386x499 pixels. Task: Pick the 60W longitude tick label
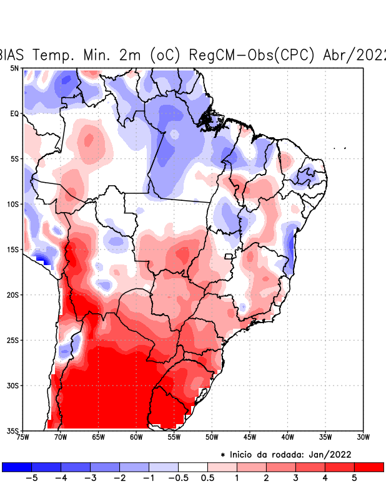coord(136,437)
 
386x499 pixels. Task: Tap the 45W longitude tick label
coord(249,437)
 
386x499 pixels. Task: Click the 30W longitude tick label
coord(363,437)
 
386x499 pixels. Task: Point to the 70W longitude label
coord(60,437)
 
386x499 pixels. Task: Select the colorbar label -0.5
coord(178,478)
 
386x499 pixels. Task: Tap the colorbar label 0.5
coord(208,478)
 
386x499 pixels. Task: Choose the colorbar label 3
coord(295,478)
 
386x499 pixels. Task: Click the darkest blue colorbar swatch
coord(17,467)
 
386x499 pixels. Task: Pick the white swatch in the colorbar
coord(193,467)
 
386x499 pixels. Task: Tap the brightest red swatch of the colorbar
coord(369,467)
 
